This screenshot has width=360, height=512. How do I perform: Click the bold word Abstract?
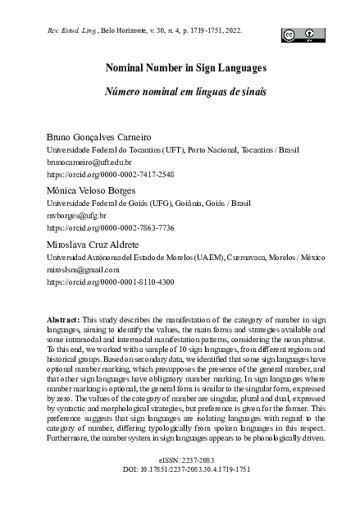coord(63,319)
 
